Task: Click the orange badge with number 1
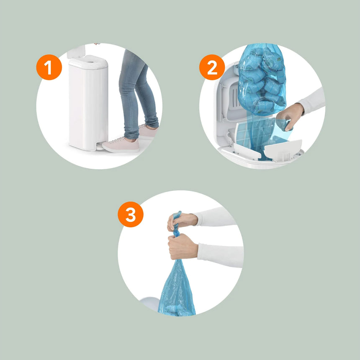49,67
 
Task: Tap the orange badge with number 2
212,67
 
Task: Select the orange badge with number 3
131,214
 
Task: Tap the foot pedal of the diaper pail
100,146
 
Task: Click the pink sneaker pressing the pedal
121,145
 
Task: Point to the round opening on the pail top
91,62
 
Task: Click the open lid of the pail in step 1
76,51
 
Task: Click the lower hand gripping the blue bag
183,247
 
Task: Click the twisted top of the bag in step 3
177,224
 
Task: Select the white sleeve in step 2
313,101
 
